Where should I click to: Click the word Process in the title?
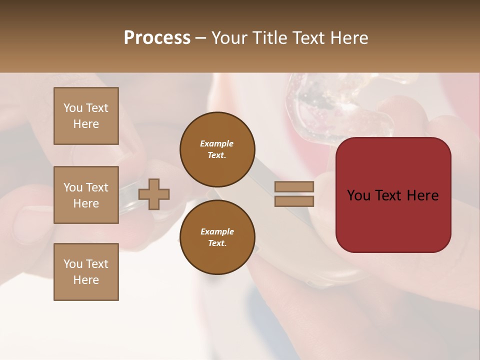pos(157,38)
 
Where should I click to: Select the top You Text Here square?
pos(86,116)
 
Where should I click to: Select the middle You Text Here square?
pos(86,195)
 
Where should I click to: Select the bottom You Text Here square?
pos(86,272)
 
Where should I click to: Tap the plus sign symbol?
pos(154,194)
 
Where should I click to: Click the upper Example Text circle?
pos(217,149)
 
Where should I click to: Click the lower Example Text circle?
pos(217,237)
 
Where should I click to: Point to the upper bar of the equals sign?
pos(294,187)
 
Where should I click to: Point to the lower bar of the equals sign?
pos(294,201)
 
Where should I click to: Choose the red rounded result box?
pos(393,220)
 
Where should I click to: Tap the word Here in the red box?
pos(422,195)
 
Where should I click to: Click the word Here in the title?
pos(350,38)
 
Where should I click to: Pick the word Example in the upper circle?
pos(217,143)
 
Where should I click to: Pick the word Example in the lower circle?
pos(217,231)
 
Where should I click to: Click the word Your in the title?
pos(229,38)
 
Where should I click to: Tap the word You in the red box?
pos(358,195)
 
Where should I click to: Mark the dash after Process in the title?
pos(200,38)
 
